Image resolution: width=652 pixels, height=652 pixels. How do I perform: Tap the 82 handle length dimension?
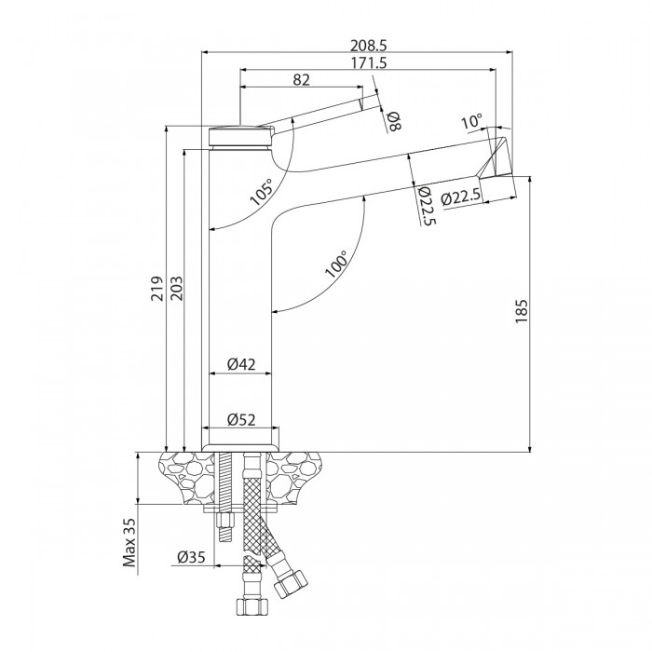[301, 80]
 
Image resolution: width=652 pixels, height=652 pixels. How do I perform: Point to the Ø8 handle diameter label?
[393, 119]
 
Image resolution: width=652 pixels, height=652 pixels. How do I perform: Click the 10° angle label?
[471, 121]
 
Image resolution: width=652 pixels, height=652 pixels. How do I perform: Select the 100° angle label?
[336, 264]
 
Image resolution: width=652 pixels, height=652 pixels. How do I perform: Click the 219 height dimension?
[157, 289]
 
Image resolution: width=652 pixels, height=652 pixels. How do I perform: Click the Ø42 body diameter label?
[241, 365]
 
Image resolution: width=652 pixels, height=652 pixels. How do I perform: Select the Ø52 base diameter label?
[241, 420]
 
